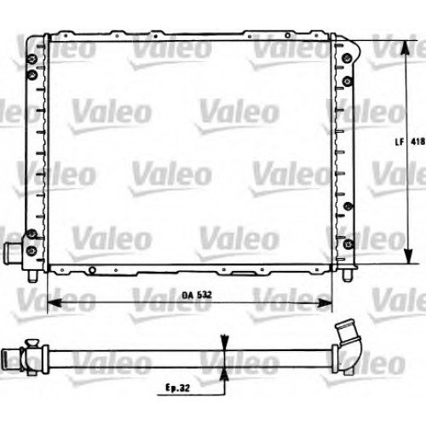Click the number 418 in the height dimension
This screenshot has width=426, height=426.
tap(418, 141)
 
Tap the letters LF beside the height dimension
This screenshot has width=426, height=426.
tap(400, 141)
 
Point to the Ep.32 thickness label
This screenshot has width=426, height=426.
tap(177, 388)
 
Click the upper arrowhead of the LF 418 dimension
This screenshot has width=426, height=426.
tap(406, 48)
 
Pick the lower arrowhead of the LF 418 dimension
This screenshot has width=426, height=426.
tap(408, 256)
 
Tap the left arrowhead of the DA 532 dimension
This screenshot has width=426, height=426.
tap(55, 302)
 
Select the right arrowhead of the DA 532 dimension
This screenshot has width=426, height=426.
tap(325, 303)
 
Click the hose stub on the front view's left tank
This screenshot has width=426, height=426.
tap(13, 251)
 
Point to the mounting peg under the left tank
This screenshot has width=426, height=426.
tap(32, 276)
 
